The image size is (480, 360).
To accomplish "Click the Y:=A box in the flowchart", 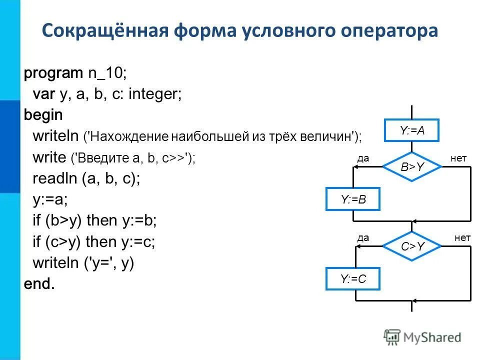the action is [x=411, y=131].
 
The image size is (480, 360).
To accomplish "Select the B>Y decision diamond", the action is [x=412, y=167].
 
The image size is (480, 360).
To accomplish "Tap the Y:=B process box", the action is [x=353, y=199].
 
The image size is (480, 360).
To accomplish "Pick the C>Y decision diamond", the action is [x=412, y=245].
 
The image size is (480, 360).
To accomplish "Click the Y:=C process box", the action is [x=353, y=279].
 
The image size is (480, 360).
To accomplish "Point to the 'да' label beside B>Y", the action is [x=363, y=158].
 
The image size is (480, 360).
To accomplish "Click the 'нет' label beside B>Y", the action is [x=458, y=158].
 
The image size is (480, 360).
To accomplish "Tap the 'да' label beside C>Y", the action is [x=363, y=238].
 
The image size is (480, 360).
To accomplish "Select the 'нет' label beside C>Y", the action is [x=462, y=238].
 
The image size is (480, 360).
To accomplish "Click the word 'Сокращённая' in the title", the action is [x=103, y=31].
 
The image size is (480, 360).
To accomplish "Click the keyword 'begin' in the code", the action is [x=43, y=115].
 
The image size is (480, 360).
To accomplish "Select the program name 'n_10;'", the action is [x=107, y=73].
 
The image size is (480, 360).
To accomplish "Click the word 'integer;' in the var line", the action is [x=155, y=94].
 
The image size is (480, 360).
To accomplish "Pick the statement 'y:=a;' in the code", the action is [x=50, y=199].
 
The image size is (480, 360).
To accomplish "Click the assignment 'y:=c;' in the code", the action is [x=138, y=241].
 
